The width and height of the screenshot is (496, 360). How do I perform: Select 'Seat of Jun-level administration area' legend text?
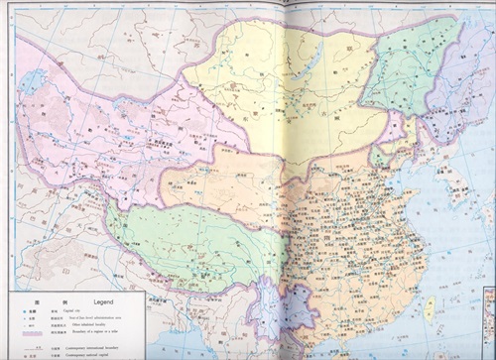tap(104, 317)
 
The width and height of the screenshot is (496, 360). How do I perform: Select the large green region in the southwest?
tap(179, 243)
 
